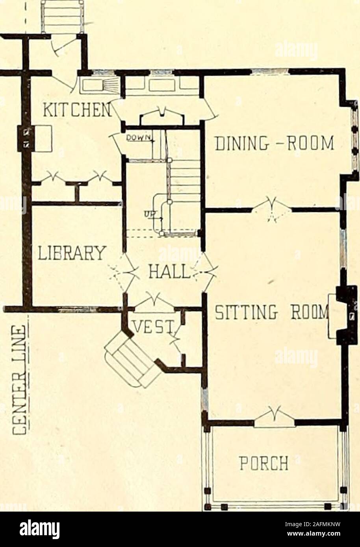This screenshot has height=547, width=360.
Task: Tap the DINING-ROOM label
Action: point(274,143)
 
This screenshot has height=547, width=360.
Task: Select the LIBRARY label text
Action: point(72,253)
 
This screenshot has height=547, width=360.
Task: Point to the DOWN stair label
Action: point(140,137)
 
